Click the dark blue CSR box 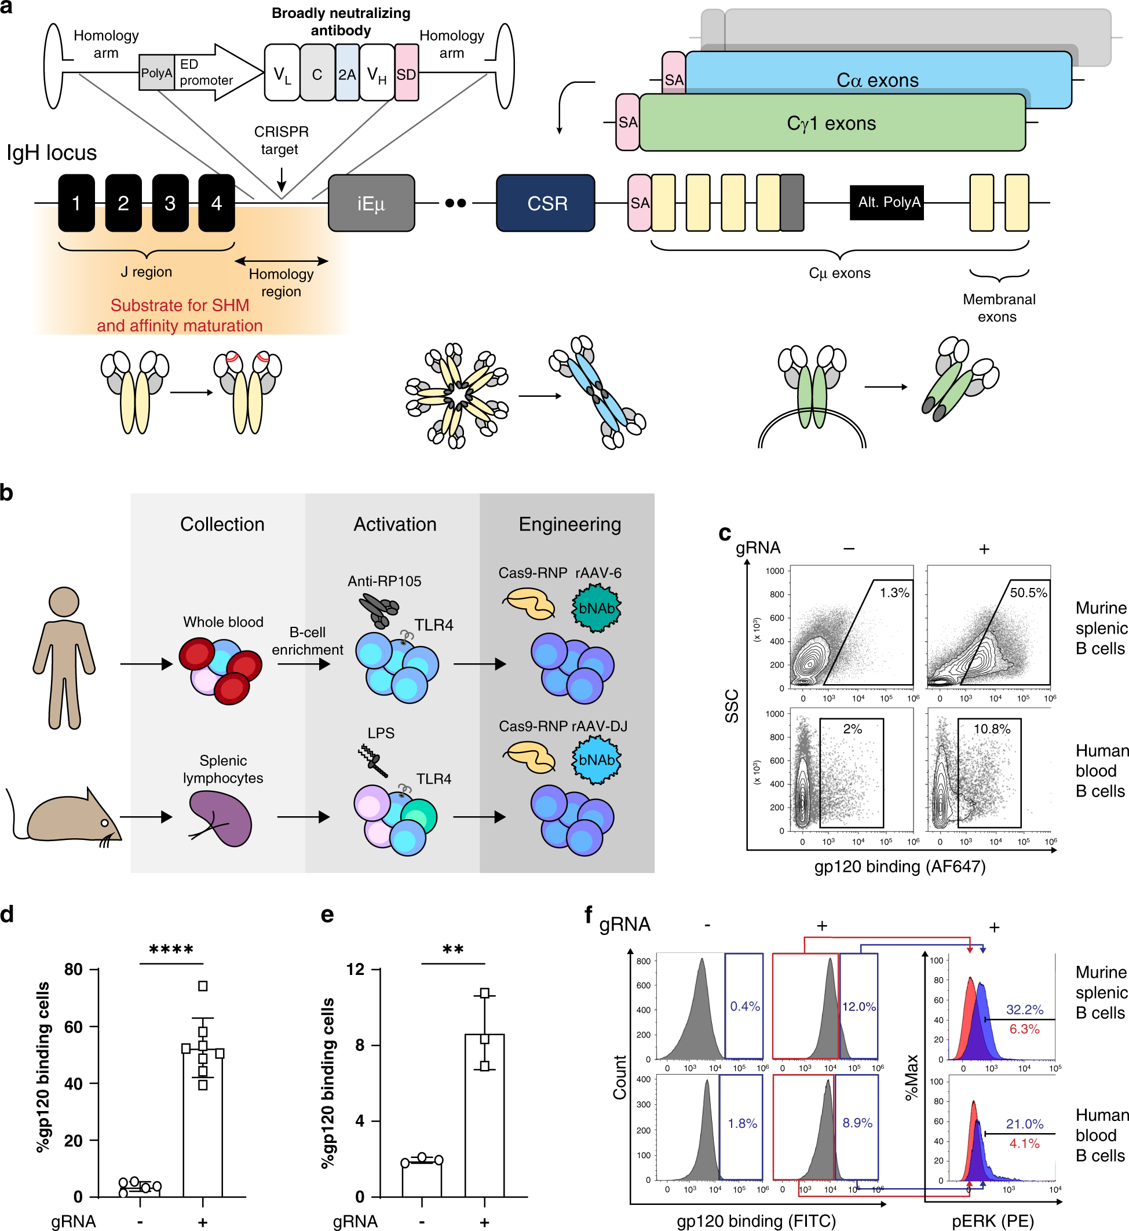tap(545, 203)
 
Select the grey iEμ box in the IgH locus tap(371, 203)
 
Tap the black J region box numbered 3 tap(170, 203)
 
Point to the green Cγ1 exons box tap(831, 123)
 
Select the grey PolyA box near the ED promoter tap(156, 72)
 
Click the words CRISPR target tap(281, 140)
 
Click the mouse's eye tap(104, 823)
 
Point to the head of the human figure tap(64, 602)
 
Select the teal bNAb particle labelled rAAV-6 tap(596, 608)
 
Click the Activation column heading tap(394, 524)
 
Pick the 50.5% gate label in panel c tap(1028, 593)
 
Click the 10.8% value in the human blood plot tap(992, 729)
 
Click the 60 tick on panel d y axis tap(74, 1027)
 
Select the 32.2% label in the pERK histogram tap(1025, 1010)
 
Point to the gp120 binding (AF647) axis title tap(899, 866)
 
